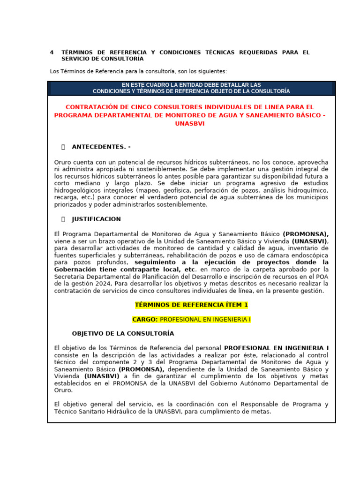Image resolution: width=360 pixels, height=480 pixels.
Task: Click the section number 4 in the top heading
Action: coord(52,52)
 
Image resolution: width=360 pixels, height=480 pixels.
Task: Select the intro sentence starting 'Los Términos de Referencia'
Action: coord(138,71)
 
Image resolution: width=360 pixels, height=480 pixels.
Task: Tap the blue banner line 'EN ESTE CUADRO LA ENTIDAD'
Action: coord(191,85)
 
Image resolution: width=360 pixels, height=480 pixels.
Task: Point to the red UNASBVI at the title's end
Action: coord(191,124)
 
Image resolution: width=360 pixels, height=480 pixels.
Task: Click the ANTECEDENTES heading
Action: coord(101,147)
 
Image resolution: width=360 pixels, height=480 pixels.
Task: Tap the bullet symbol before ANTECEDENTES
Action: coord(63,147)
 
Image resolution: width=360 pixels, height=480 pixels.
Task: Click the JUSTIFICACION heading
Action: coord(96,219)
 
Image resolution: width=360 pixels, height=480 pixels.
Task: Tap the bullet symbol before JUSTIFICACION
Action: coord(63,219)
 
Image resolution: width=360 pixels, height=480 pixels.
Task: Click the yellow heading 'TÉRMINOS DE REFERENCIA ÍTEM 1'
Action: coord(191,305)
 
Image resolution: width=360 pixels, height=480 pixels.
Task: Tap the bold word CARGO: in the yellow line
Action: coord(145,319)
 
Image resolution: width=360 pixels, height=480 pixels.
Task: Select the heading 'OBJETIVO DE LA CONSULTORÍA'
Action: coord(123,334)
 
